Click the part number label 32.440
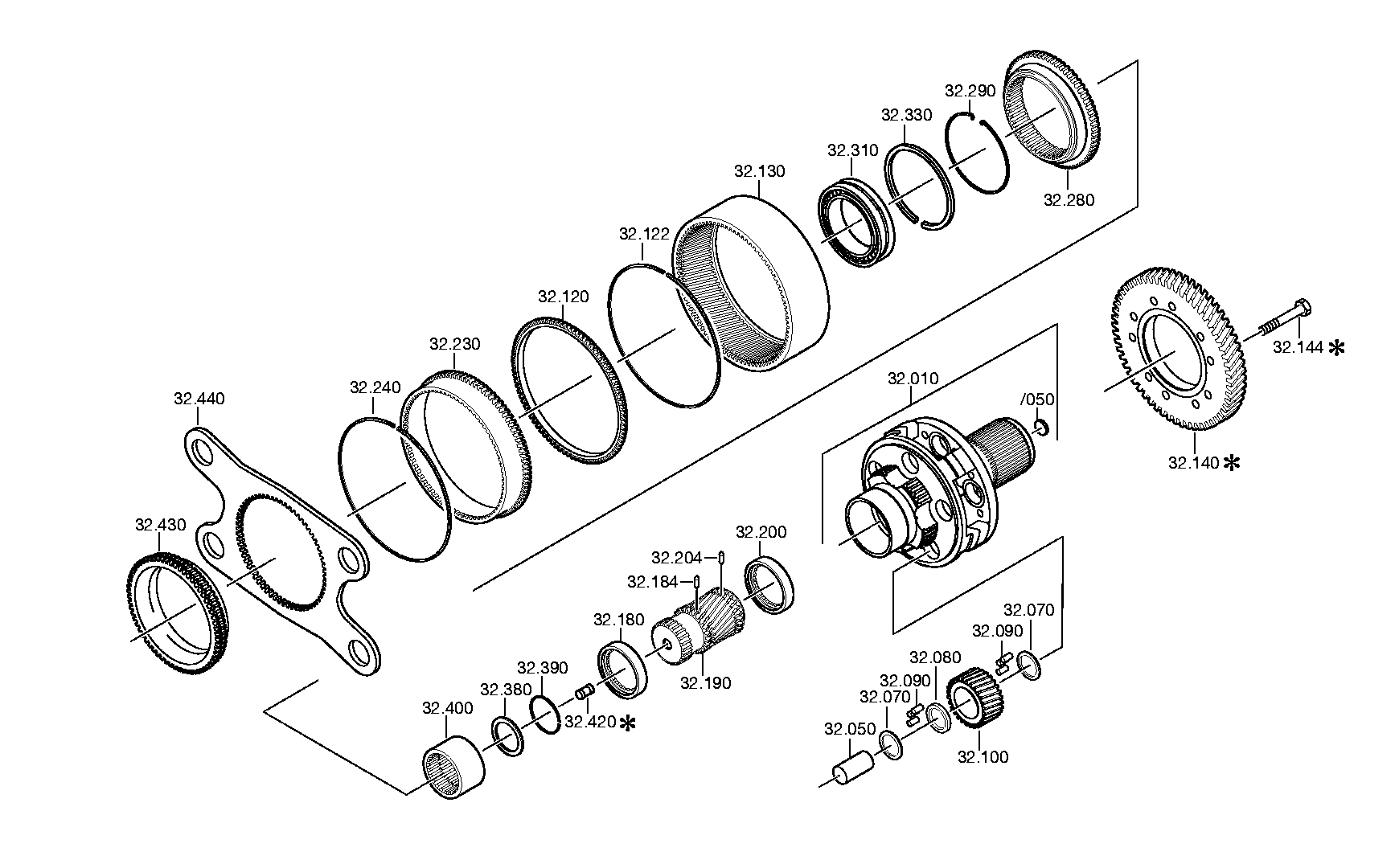coord(199,399)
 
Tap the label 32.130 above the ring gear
coord(760,171)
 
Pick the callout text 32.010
coord(913,379)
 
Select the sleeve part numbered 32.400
coord(454,768)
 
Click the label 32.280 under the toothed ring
coord(1069,200)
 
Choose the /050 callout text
coord(1037,399)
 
